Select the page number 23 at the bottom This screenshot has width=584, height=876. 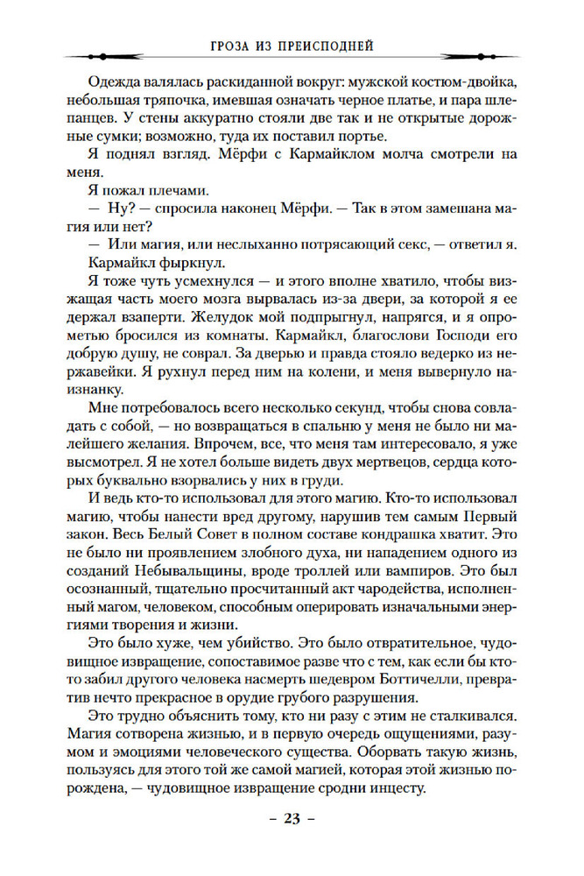click(x=292, y=818)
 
